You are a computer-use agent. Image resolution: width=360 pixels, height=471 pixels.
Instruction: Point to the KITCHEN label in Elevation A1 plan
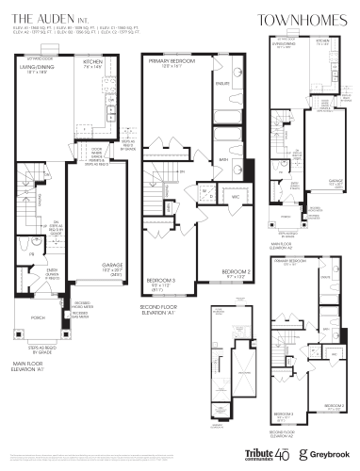coord(106,63)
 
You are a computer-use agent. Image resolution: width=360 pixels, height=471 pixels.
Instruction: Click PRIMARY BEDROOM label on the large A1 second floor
coord(169,62)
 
